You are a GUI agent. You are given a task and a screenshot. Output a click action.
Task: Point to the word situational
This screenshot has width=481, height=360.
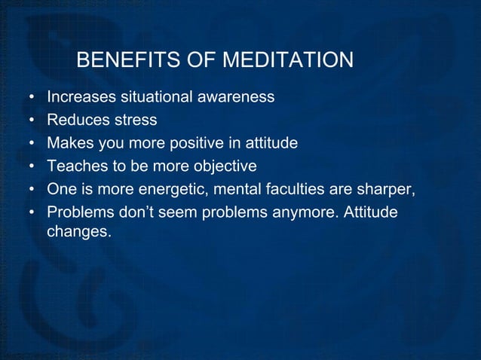(155, 97)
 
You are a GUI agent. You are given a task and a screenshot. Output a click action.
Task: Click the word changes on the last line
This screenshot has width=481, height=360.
(78, 232)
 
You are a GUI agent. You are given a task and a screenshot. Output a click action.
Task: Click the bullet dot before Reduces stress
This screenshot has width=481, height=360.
(32, 121)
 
